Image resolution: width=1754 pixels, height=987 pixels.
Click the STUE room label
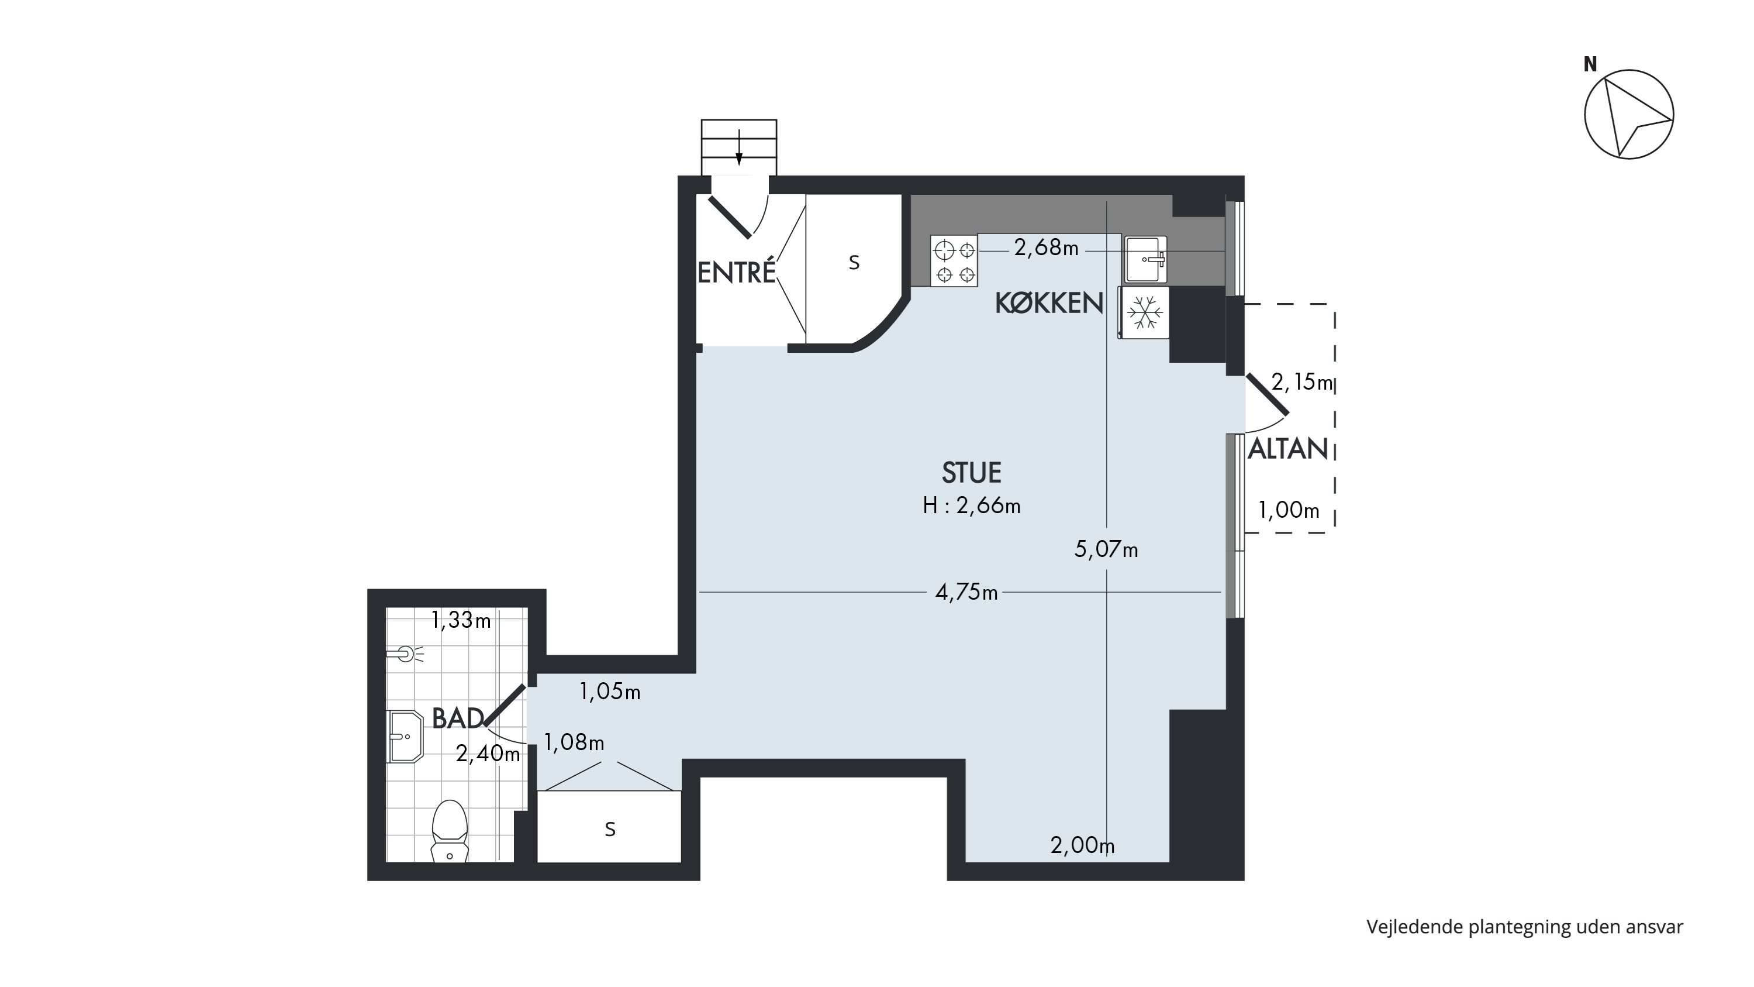point(971,473)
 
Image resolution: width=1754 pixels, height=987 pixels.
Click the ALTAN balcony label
point(1287,449)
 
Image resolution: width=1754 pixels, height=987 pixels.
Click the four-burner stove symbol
point(954,261)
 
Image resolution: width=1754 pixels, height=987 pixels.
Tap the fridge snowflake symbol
point(1145,312)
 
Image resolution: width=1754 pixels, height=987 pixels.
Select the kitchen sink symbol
point(1145,260)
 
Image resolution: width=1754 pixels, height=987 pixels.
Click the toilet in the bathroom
point(450,831)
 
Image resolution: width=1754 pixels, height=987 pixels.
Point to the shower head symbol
point(406,655)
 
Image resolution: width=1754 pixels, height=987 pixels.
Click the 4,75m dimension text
point(966,593)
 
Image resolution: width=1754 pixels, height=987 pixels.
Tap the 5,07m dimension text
point(1106,549)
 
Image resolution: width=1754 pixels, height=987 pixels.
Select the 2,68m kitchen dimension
point(1046,248)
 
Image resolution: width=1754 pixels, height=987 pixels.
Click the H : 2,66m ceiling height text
point(971,505)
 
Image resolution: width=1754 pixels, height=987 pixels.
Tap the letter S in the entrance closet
point(854,263)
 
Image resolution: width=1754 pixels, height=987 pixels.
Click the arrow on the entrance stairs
point(739,149)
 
